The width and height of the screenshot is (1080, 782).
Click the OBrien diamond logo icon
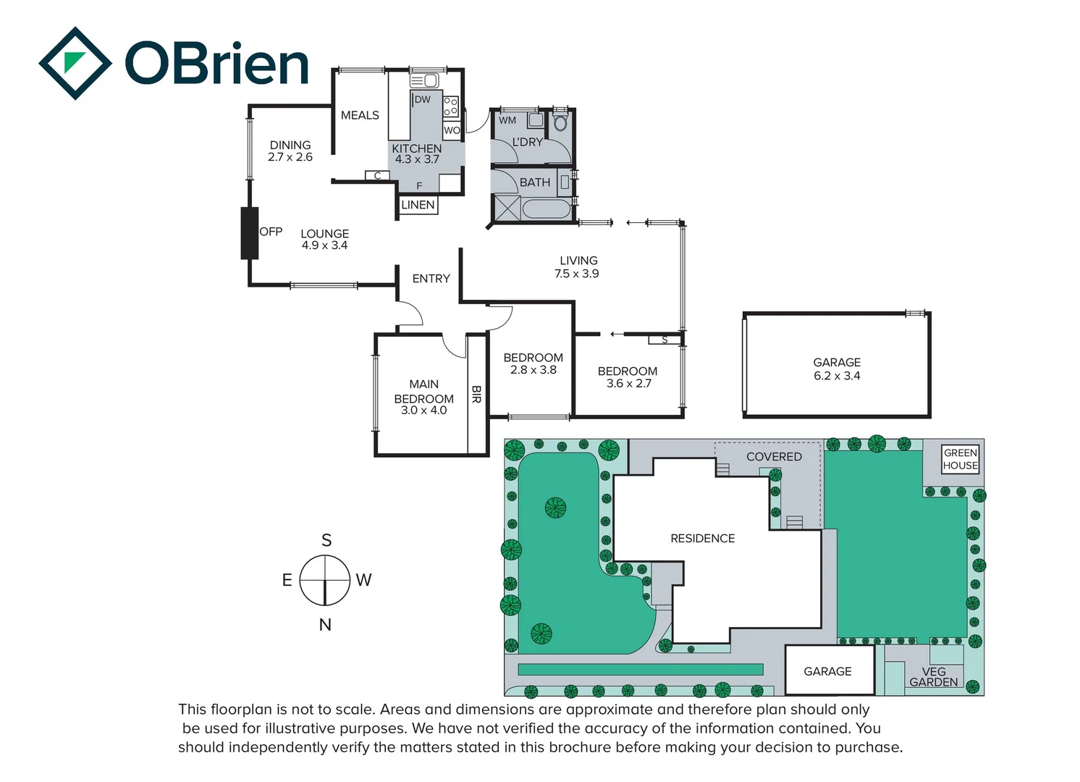[x=75, y=63]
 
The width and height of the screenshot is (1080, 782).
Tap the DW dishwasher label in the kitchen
[x=422, y=100]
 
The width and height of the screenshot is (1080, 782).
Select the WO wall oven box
[x=452, y=130]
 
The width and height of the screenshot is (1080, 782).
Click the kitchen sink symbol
[x=424, y=80]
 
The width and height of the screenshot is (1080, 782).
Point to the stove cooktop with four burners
[x=451, y=106]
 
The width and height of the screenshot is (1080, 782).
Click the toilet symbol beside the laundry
[x=560, y=122]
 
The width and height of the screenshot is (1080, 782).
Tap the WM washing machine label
[x=507, y=120]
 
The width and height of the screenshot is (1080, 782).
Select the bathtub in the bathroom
[x=546, y=209]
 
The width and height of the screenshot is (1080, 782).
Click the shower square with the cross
[x=507, y=208]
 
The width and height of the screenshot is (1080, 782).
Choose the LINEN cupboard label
[x=418, y=205]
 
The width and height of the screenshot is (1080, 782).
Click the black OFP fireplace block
[x=250, y=233]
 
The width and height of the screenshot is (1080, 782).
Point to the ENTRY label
[x=431, y=279]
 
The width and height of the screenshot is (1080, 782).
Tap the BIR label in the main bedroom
[x=476, y=394]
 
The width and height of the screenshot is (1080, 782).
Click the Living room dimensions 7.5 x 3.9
[x=577, y=274]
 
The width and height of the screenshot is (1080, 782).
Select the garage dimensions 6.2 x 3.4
[x=837, y=376]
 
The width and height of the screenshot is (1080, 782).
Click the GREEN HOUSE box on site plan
[x=961, y=459]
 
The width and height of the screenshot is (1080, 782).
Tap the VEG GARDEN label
[x=933, y=677]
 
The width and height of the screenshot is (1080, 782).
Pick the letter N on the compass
[x=325, y=625]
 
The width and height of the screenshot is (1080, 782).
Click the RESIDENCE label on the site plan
[x=702, y=539]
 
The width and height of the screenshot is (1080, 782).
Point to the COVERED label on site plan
[x=774, y=457]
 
